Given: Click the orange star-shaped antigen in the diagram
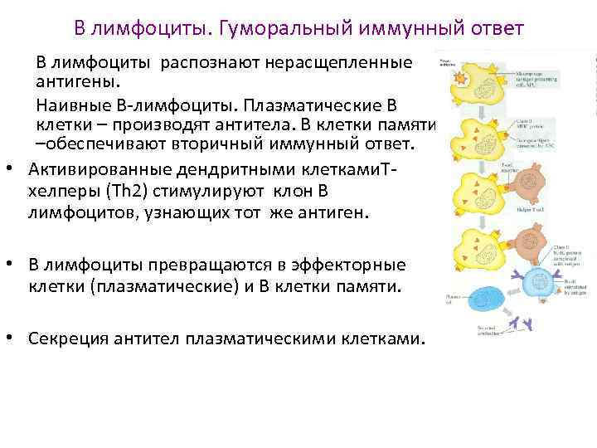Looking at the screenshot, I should coord(458,80).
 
